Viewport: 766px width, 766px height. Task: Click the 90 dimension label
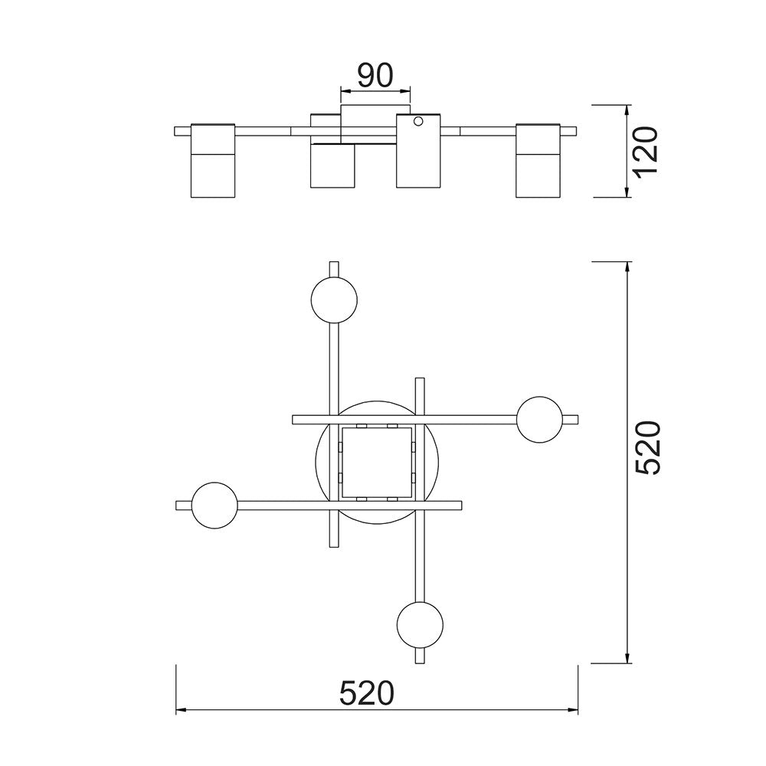pyautogui.click(x=375, y=76)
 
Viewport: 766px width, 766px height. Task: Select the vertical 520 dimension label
pyautogui.click(x=648, y=447)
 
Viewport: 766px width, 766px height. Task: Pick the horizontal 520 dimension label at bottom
pyautogui.click(x=366, y=693)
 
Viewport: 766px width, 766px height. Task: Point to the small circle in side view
pyautogui.click(x=418, y=120)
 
